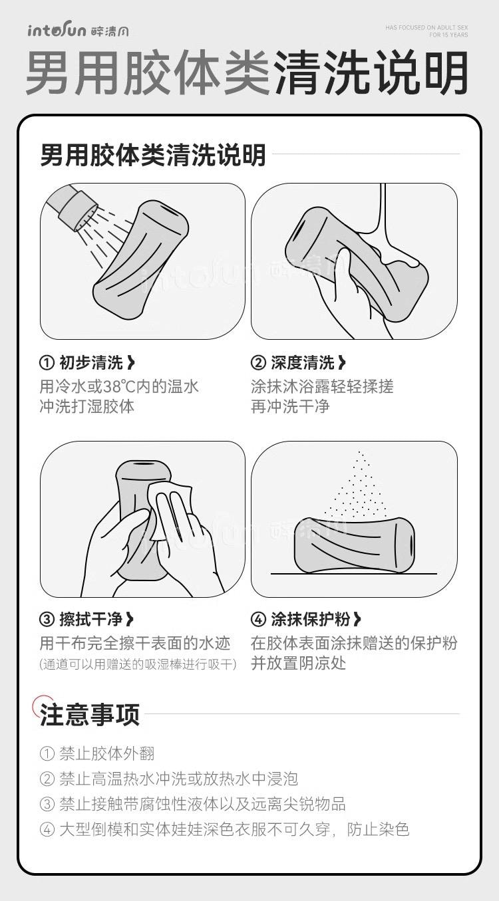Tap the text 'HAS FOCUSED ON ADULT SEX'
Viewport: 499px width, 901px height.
426,27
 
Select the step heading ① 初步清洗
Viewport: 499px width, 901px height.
87,362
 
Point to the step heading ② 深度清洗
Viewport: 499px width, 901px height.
298,362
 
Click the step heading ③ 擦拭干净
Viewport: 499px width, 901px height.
86,619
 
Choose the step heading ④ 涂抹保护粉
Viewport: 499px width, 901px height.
306,619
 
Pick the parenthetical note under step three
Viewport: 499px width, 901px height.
138,664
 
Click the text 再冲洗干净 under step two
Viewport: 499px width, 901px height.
290,406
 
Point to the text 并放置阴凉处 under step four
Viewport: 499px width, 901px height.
298,663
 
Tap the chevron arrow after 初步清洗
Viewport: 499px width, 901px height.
131,362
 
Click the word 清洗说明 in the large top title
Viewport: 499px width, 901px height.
371,74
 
